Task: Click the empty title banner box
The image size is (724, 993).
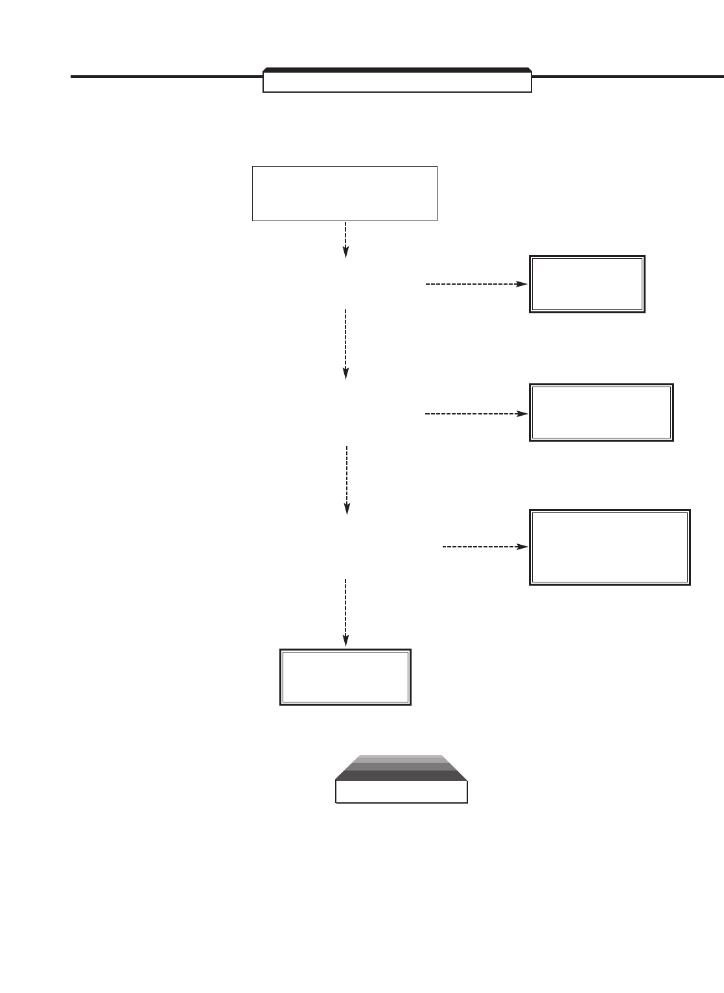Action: pos(397,82)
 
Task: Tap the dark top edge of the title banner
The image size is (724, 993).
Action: pos(397,69)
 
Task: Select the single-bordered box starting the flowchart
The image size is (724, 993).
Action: pos(344,193)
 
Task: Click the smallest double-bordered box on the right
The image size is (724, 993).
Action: pos(587,284)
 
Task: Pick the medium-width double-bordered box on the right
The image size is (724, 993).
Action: pos(601,413)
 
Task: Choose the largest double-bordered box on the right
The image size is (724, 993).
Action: pos(609,547)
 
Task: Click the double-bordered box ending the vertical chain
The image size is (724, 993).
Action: pos(345,676)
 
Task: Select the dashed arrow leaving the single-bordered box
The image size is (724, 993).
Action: pos(345,239)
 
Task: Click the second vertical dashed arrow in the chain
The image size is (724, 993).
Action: pos(345,343)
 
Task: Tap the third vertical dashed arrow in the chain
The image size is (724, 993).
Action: pos(347,479)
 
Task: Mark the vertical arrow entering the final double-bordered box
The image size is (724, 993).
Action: pos(345,612)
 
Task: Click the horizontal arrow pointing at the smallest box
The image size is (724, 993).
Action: pos(476,284)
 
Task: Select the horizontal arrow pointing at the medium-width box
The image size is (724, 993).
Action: pos(476,413)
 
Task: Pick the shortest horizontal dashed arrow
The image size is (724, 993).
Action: pos(484,547)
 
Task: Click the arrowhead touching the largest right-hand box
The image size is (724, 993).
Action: pos(523,547)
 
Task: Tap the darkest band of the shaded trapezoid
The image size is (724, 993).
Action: pos(401,776)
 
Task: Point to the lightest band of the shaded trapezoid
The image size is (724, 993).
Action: pos(401,756)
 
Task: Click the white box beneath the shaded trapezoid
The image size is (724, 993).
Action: pos(401,792)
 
